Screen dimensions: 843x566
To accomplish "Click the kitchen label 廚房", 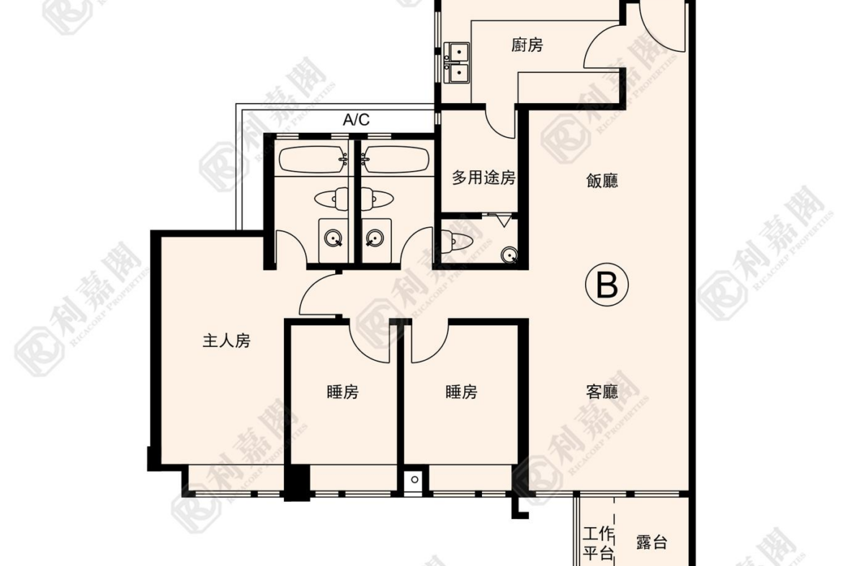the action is [527, 45].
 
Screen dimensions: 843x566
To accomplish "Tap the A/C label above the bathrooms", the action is [357, 120].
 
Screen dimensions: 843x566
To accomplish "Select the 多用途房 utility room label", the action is [483, 177].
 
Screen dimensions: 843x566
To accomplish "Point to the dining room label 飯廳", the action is [602, 180].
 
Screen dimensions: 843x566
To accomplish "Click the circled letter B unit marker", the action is [607, 285].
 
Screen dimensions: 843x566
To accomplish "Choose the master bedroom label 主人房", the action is [226, 340].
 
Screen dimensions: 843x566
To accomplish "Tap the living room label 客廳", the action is [602, 391].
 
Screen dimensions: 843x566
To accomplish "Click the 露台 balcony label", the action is [651, 542].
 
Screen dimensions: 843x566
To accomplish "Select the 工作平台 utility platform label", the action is [599, 544].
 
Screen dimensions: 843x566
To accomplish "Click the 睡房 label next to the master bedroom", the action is [343, 392].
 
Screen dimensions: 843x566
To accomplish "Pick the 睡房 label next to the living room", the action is [461, 392].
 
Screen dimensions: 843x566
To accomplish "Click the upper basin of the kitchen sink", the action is [458, 53].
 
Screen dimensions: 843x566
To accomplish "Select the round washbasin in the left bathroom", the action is [334, 237].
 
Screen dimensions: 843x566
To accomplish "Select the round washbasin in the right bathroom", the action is [374, 237].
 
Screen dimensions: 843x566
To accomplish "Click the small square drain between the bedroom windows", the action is [414, 479].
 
